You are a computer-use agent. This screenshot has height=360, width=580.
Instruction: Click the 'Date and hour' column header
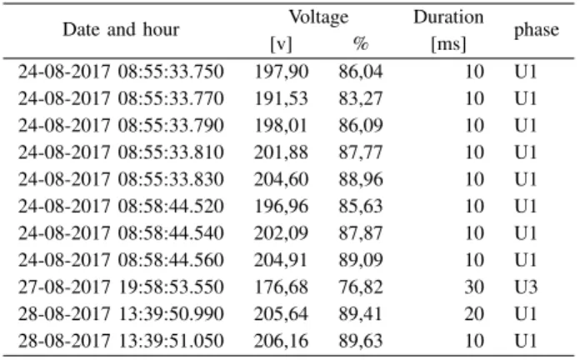[121, 30]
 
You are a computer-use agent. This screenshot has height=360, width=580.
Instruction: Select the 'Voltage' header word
[318, 17]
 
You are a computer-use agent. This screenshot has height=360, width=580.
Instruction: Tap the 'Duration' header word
[448, 17]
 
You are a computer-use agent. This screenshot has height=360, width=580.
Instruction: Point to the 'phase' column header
[537, 30]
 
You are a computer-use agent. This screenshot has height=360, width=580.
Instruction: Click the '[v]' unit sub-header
[281, 44]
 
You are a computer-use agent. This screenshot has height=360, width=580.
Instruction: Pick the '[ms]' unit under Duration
[448, 44]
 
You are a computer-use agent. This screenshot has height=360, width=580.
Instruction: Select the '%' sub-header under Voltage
[361, 43]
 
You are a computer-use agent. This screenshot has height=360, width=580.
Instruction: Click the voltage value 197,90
[281, 72]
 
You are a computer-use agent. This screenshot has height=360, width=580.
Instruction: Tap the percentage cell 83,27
[361, 98]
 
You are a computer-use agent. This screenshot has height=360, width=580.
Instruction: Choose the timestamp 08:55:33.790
[171, 125]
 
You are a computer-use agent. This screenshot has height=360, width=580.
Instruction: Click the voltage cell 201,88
[281, 152]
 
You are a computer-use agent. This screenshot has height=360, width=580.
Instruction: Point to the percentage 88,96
[361, 179]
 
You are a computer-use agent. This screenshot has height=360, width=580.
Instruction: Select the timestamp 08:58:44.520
[171, 206]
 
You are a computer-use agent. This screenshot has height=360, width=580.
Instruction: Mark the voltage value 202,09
[281, 233]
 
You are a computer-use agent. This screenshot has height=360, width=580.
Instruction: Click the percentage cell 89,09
[361, 261]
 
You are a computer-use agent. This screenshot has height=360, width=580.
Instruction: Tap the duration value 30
[474, 287]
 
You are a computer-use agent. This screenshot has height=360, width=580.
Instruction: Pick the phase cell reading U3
[526, 287]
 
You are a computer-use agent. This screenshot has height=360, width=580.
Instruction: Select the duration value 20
[474, 314]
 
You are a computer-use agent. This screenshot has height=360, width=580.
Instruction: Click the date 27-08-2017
[64, 287]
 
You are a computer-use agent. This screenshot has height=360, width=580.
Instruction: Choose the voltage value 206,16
[281, 342]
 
